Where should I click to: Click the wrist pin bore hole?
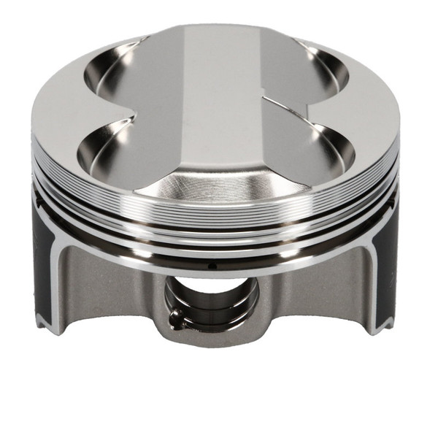pyautogui.click(x=212, y=300)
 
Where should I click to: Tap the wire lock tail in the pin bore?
pyautogui.click(x=174, y=317)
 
